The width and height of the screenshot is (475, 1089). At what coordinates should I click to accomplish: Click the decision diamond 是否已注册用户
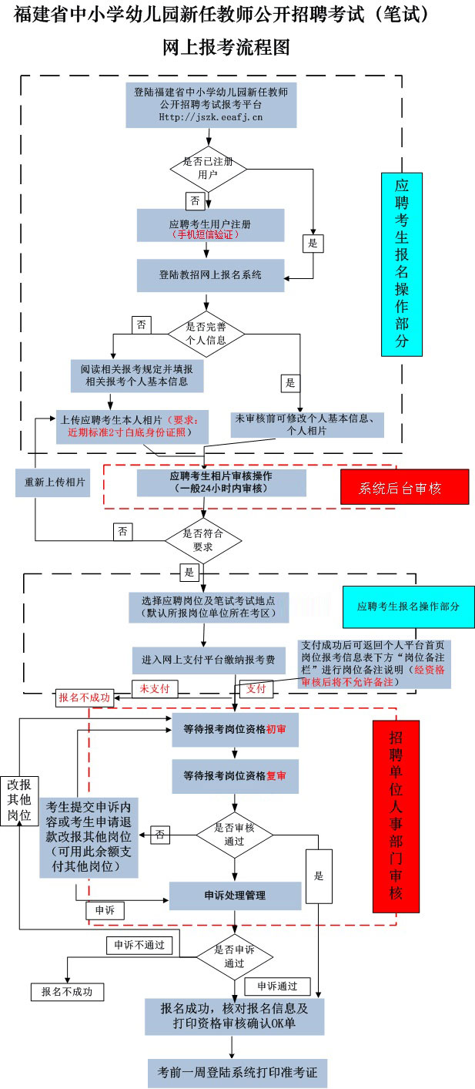pyautogui.click(x=207, y=169)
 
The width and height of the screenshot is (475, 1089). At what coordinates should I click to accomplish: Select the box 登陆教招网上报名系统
pyautogui.click(x=210, y=274)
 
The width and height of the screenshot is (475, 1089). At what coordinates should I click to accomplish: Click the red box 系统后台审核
pyautogui.click(x=404, y=487)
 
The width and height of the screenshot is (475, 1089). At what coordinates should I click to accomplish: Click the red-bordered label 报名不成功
pyautogui.click(x=84, y=698)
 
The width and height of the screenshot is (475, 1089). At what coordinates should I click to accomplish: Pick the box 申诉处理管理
pyautogui.click(x=235, y=896)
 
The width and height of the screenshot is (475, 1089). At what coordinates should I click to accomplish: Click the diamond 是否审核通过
pyautogui.click(x=234, y=834)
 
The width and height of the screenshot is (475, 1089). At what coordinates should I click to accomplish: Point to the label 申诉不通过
pyautogui.click(x=139, y=945)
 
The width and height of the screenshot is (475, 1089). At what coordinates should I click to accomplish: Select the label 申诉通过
pyautogui.click(x=277, y=986)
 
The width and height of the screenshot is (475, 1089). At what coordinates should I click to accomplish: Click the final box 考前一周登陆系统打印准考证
pyautogui.click(x=237, y=1072)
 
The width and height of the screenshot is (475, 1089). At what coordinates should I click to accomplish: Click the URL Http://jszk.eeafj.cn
pyautogui.click(x=210, y=117)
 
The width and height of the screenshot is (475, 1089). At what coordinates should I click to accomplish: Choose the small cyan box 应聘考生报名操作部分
pyautogui.click(x=408, y=607)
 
